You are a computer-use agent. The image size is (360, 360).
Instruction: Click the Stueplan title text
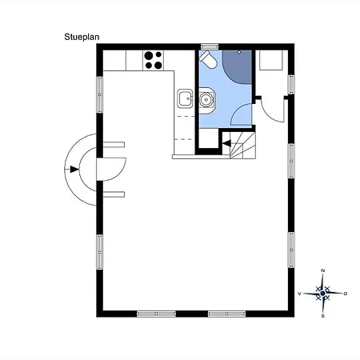coord(82,37)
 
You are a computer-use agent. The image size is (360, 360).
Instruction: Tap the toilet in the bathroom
coord(208,59)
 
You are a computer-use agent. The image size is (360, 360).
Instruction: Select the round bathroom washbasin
coord(206,100)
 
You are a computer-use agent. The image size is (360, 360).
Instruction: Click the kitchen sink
coord(185,98)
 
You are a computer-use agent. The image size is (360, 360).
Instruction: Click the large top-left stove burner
coord(149,56)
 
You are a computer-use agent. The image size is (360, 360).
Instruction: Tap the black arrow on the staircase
coord(226,143)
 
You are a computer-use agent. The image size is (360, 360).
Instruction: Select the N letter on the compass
coord(322,270)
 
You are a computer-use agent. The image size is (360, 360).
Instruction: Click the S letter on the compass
coord(322,316)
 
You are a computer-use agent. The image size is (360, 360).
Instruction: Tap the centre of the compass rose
coord(322,294)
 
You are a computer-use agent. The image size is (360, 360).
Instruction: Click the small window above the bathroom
coord(210,47)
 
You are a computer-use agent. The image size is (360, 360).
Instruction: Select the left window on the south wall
coord(156,314)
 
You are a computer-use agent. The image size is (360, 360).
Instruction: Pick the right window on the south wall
coord(226,314)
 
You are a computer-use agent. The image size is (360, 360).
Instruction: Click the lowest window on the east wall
coord(291,250)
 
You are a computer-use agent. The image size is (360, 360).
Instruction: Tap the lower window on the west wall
coord(99,252)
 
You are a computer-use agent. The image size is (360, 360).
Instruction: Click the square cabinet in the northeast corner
coord(270,60)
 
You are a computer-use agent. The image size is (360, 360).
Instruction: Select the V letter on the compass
coord(299,294)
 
